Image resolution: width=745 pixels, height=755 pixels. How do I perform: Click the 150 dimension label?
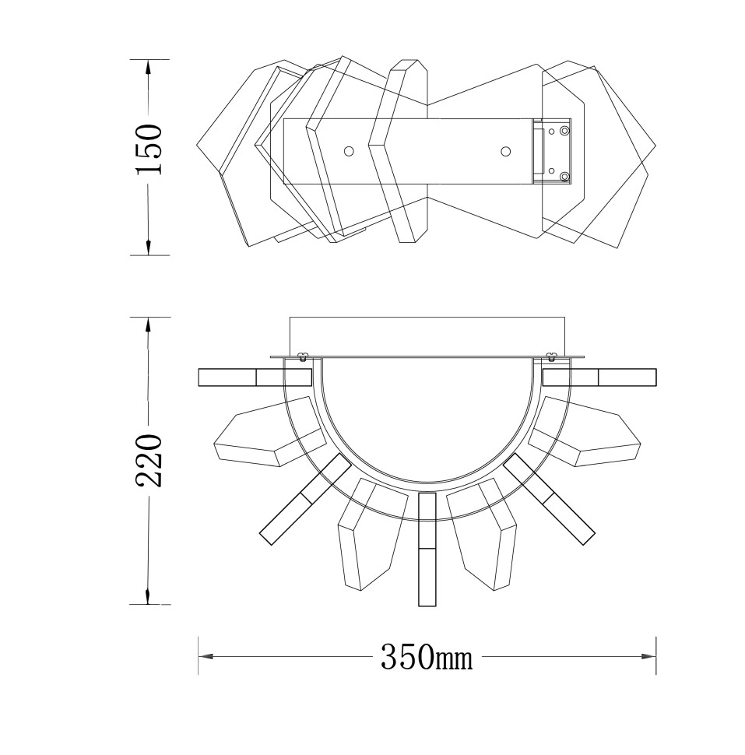coord(149,149)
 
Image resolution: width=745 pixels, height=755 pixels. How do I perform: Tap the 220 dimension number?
coord(149,460)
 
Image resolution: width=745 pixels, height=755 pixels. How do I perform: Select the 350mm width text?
coord(427,657)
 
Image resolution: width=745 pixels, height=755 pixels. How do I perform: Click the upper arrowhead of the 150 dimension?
coord(149,67)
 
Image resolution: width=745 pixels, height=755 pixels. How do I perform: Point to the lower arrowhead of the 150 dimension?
coord(149,248)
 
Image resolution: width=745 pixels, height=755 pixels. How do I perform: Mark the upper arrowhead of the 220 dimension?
coord(149,325)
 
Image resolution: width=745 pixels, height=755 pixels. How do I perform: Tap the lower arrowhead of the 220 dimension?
coord(149,596)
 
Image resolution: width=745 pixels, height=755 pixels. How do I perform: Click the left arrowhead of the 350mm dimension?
coord(206,656)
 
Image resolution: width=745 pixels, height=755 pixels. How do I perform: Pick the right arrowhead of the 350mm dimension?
coord(648,656)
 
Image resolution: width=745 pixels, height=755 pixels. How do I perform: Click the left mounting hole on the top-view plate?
coord(349,151)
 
